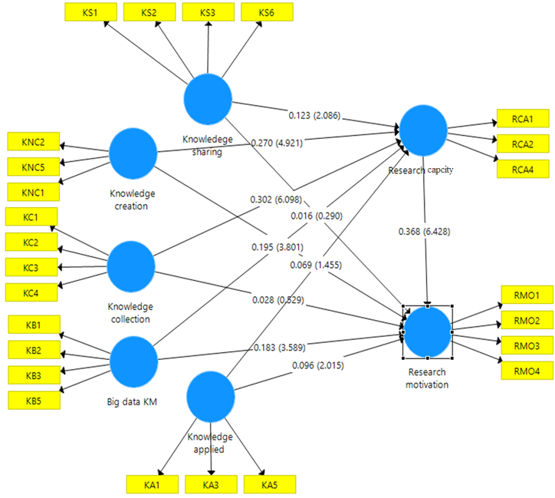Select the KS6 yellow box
tap(266, 12)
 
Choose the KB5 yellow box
tap(32, 400)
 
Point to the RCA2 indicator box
tap(522, 143)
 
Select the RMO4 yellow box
tap(527, 370)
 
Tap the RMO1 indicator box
tap(527, 295)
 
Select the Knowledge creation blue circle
tap(133, 153)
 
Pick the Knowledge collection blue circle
tap(130, 266)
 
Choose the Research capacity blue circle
tap(422, 130)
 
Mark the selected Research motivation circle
tap(428, 331)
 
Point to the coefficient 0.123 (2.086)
tap(314, 116)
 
